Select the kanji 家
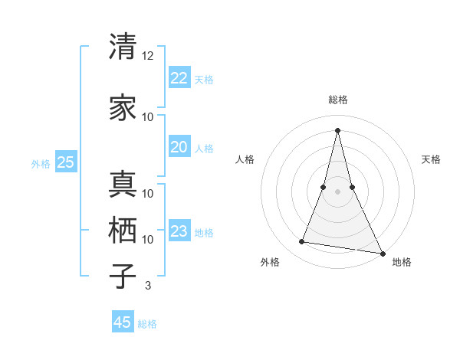[x=123, y=109]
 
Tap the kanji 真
[x=123, y=185]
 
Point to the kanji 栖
[x=123, y=230]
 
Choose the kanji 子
[x=123, y=275]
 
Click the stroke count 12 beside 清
[x=148, y=56]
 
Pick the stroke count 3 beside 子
[x=148, y=286]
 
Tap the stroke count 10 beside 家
[x=148, y=117]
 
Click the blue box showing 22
[x=179, y=78]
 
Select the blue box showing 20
[x=179, y=147]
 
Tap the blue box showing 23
[x=179, y=231]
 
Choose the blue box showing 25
[x=65, y=162]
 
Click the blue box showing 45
[x=123, y=322]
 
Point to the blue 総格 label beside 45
[x=147, y=324]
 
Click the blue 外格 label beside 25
[x=41, y=163]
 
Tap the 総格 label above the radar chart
[x=337, y=100]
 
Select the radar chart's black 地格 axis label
[x=402, y=262]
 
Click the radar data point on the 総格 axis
[x=337, y=129]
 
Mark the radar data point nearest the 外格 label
[x=302, y=242]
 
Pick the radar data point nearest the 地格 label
[x=383, y=253]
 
